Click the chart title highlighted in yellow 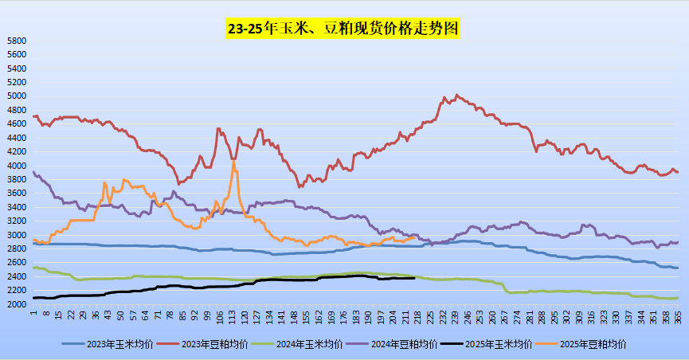click(x=343, y=29)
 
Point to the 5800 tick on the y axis click(x=16, y=41)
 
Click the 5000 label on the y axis click(x=16, y=96)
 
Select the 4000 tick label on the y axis click(x=16, y=166)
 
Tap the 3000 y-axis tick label click(x=16, y=236)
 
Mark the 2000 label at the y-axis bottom click(x=16, y=305)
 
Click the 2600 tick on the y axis click(x=16, y=264)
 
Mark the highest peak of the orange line click(x=233, y=162)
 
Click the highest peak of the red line click(x=456, y=94)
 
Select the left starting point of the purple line click(x=33, y=172)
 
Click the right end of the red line click(x=677, y=172)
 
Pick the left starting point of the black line click(x=33, y=298)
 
